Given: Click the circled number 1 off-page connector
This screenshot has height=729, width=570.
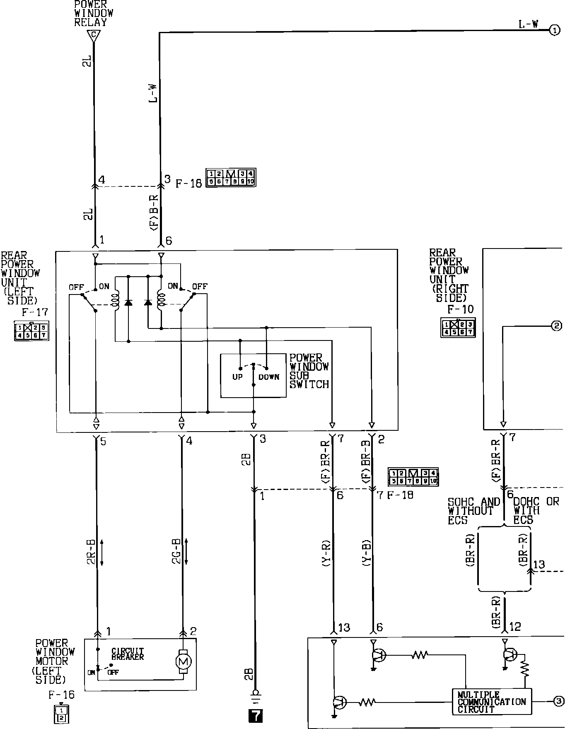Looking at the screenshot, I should tap(555, 30).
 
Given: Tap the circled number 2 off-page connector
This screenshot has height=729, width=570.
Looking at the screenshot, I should tap(556, 326).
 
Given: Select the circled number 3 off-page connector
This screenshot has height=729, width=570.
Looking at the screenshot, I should tap(558, 701).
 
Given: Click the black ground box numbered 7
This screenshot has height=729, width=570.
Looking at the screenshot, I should tap(255, 716).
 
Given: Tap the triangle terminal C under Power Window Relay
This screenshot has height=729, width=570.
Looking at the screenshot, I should tap(94, 36).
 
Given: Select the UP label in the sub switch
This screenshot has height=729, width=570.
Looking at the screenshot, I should tap(237, 377).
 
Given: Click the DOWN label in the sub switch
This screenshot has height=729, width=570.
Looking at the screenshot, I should tap(269, 377).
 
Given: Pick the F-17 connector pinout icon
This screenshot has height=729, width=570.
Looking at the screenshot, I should tap(31, 331).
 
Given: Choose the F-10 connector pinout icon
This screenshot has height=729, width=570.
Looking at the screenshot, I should tap(458, 328).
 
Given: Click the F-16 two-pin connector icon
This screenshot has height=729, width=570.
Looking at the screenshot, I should tap(61, 713).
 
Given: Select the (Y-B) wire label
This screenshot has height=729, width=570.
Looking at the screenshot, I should tap(366, 553).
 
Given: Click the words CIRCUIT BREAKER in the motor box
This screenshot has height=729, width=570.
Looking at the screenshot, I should tap(128, 654).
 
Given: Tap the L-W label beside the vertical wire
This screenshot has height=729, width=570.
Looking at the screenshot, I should tap(153, 93).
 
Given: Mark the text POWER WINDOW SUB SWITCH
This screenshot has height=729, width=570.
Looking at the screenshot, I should tap(309, 371).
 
